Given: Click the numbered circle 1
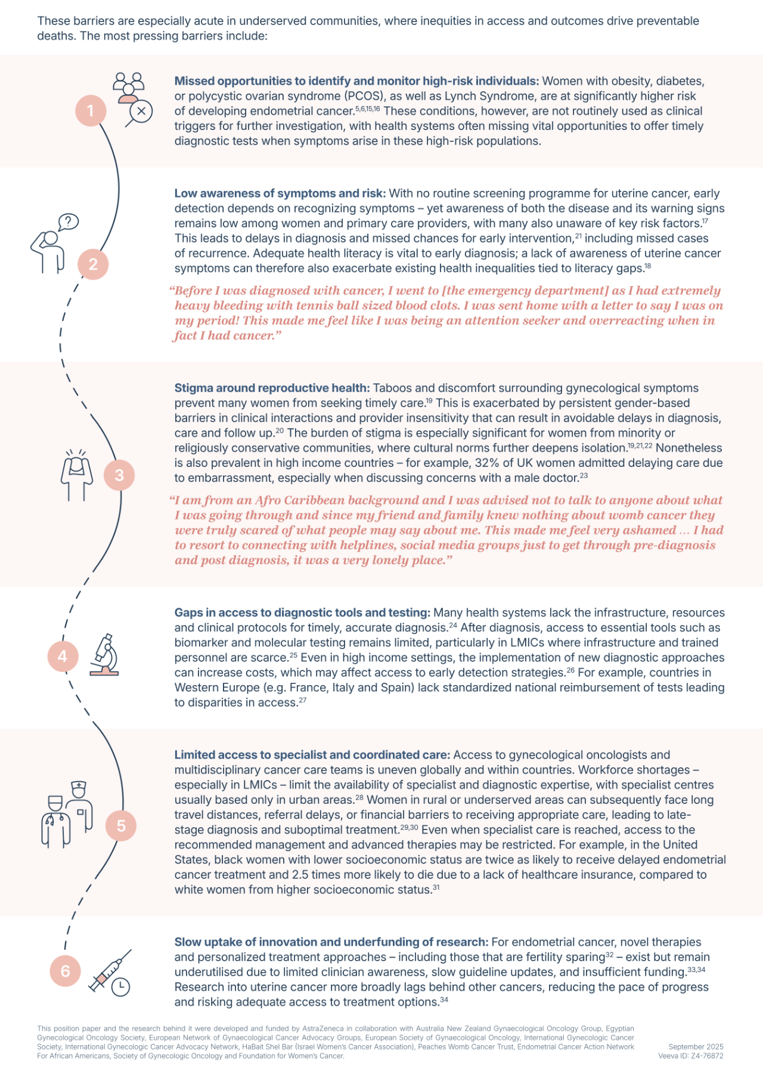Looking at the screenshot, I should (91, 110).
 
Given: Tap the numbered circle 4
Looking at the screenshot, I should (63, 656).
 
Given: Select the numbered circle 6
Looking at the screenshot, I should (65, 971).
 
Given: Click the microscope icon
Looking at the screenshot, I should (105, 655).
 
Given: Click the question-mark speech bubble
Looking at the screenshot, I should (69, 222).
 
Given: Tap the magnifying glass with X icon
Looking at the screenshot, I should (140, 113).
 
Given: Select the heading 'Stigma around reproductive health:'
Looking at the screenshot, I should (272, 388).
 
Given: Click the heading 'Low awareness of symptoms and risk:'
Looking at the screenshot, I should (280, 194).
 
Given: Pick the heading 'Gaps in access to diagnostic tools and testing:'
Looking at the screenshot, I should (302, 613).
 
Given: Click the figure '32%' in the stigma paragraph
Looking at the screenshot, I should (487, 463).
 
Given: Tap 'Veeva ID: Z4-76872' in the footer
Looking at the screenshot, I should (690, 1055).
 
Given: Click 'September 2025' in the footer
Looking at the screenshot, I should (696, 1047).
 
